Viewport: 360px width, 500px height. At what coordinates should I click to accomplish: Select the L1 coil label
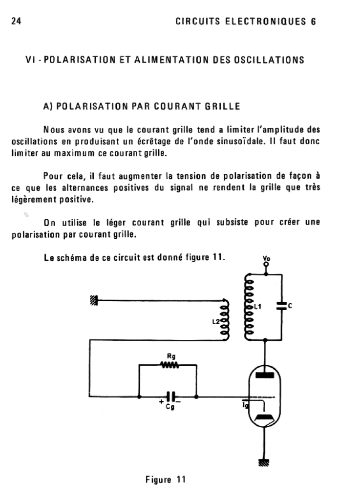tap(259, 306)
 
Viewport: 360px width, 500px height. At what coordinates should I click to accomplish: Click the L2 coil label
tap(215, 321)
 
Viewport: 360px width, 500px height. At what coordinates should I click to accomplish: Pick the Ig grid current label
tap(246, 405)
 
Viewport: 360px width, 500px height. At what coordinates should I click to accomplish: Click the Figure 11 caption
tap(166, 479)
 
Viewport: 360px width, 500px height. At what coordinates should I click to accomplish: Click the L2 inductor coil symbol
tap(225, 318)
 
